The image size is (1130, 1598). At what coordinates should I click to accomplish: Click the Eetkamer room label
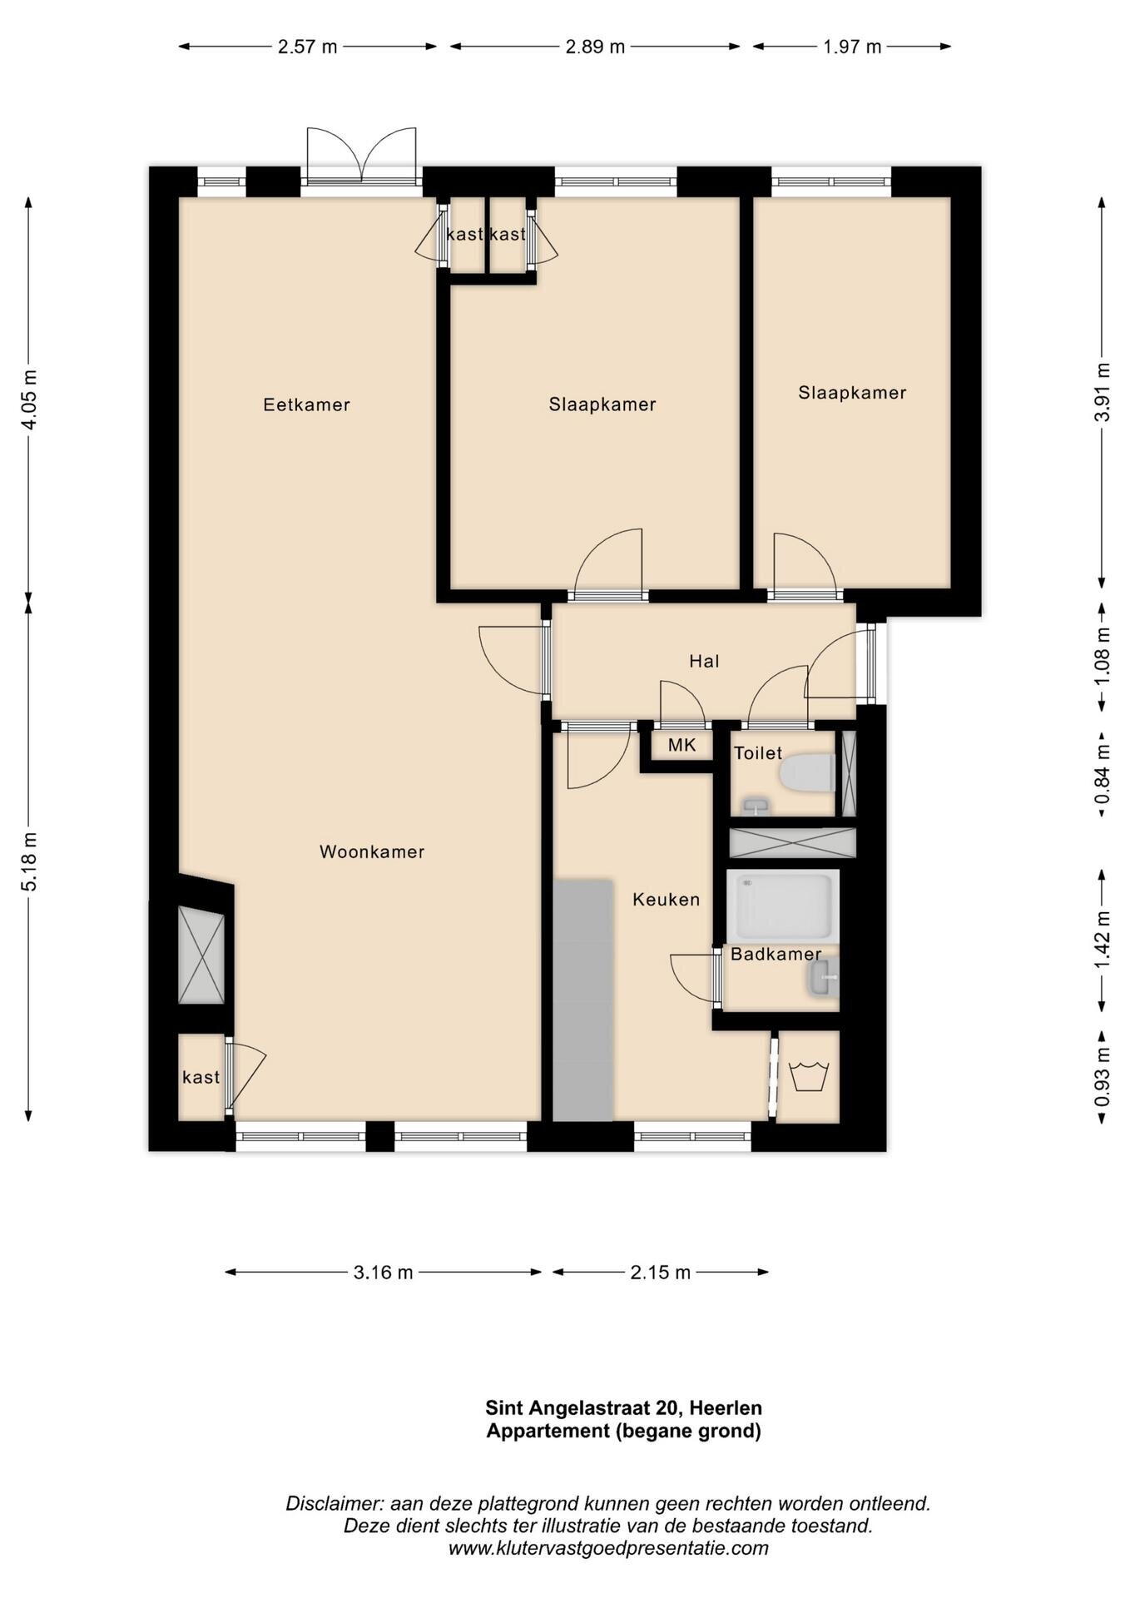[x=306, y=404]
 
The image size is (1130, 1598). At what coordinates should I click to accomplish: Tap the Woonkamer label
[x=372, y=851]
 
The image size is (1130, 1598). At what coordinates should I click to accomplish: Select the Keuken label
[x=666, y=899]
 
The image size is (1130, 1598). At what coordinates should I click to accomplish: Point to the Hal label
[x=704, y=661]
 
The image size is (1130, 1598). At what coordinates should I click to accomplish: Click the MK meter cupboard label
[x=681, y=745]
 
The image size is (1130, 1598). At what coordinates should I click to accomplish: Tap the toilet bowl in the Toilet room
[x=807, y=772]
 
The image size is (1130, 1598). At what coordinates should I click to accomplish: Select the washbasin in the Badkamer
[x=822, y=975]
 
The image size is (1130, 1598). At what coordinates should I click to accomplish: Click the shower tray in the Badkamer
[x=782, y=906]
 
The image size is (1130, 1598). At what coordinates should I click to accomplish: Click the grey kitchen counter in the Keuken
[x=582, y=1000]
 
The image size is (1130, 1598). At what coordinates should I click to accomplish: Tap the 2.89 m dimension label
[x=595, y=47]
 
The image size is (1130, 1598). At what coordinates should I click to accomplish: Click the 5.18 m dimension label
[x=29, y=861]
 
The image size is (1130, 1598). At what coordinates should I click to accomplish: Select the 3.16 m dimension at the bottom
[x=383, y=1272]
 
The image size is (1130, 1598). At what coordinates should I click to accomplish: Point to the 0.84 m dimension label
[x=1102, y=774]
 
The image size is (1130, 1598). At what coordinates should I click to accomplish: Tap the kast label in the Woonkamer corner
[x=201, y=1077]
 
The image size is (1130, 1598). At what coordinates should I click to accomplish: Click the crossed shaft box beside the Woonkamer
[x=201, y=955]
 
